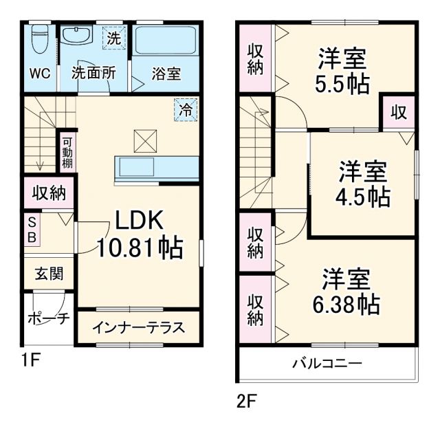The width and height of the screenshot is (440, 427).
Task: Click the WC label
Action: [x=39, y=74]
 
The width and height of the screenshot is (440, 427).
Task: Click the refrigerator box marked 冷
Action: [x=185, y=109]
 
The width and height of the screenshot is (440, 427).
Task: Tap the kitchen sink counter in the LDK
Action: [x=157, y=167]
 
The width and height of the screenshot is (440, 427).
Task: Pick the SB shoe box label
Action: [x=32, y=229]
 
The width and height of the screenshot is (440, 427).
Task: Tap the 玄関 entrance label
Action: [x=49, y=273]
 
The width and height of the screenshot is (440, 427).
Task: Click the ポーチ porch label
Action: [x=48, y=318]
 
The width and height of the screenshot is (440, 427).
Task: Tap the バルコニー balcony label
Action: [x=327, y=362]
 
